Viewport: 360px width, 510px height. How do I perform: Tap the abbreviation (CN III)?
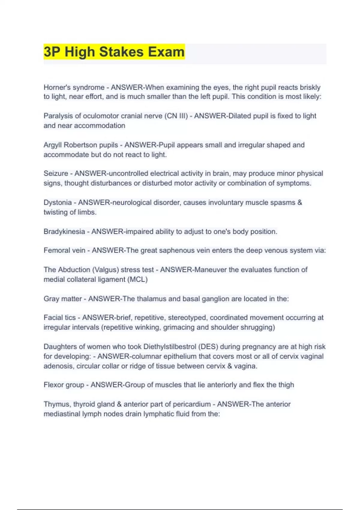pyautogui.click(x=176, y=116)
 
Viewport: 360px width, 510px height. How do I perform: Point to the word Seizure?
pyautogui.click(x=56, y=173)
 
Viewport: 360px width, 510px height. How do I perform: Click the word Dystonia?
pyautogui.click(x=58, y=202)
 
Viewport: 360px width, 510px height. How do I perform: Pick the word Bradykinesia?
pyautogui.click(x=64, y=232)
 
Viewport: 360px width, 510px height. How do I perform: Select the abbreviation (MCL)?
pyautogui.click(x=138, y=279)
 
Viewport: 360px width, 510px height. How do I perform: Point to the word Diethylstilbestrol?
pyautogui.click(x=169, y=346)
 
